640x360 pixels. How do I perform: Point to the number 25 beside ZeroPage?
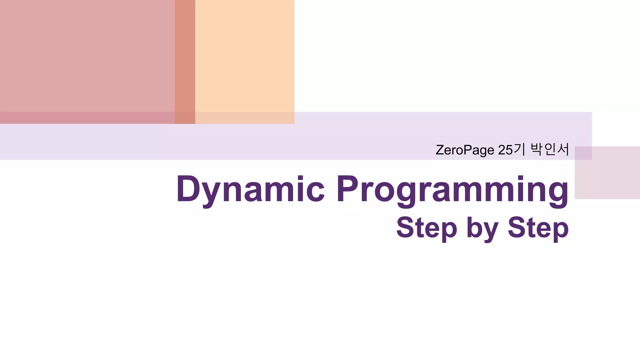(505, 150)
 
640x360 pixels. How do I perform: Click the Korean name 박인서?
(550, 149)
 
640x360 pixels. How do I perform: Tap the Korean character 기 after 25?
(519, 149)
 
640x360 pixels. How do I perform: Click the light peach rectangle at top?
(245, 56)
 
